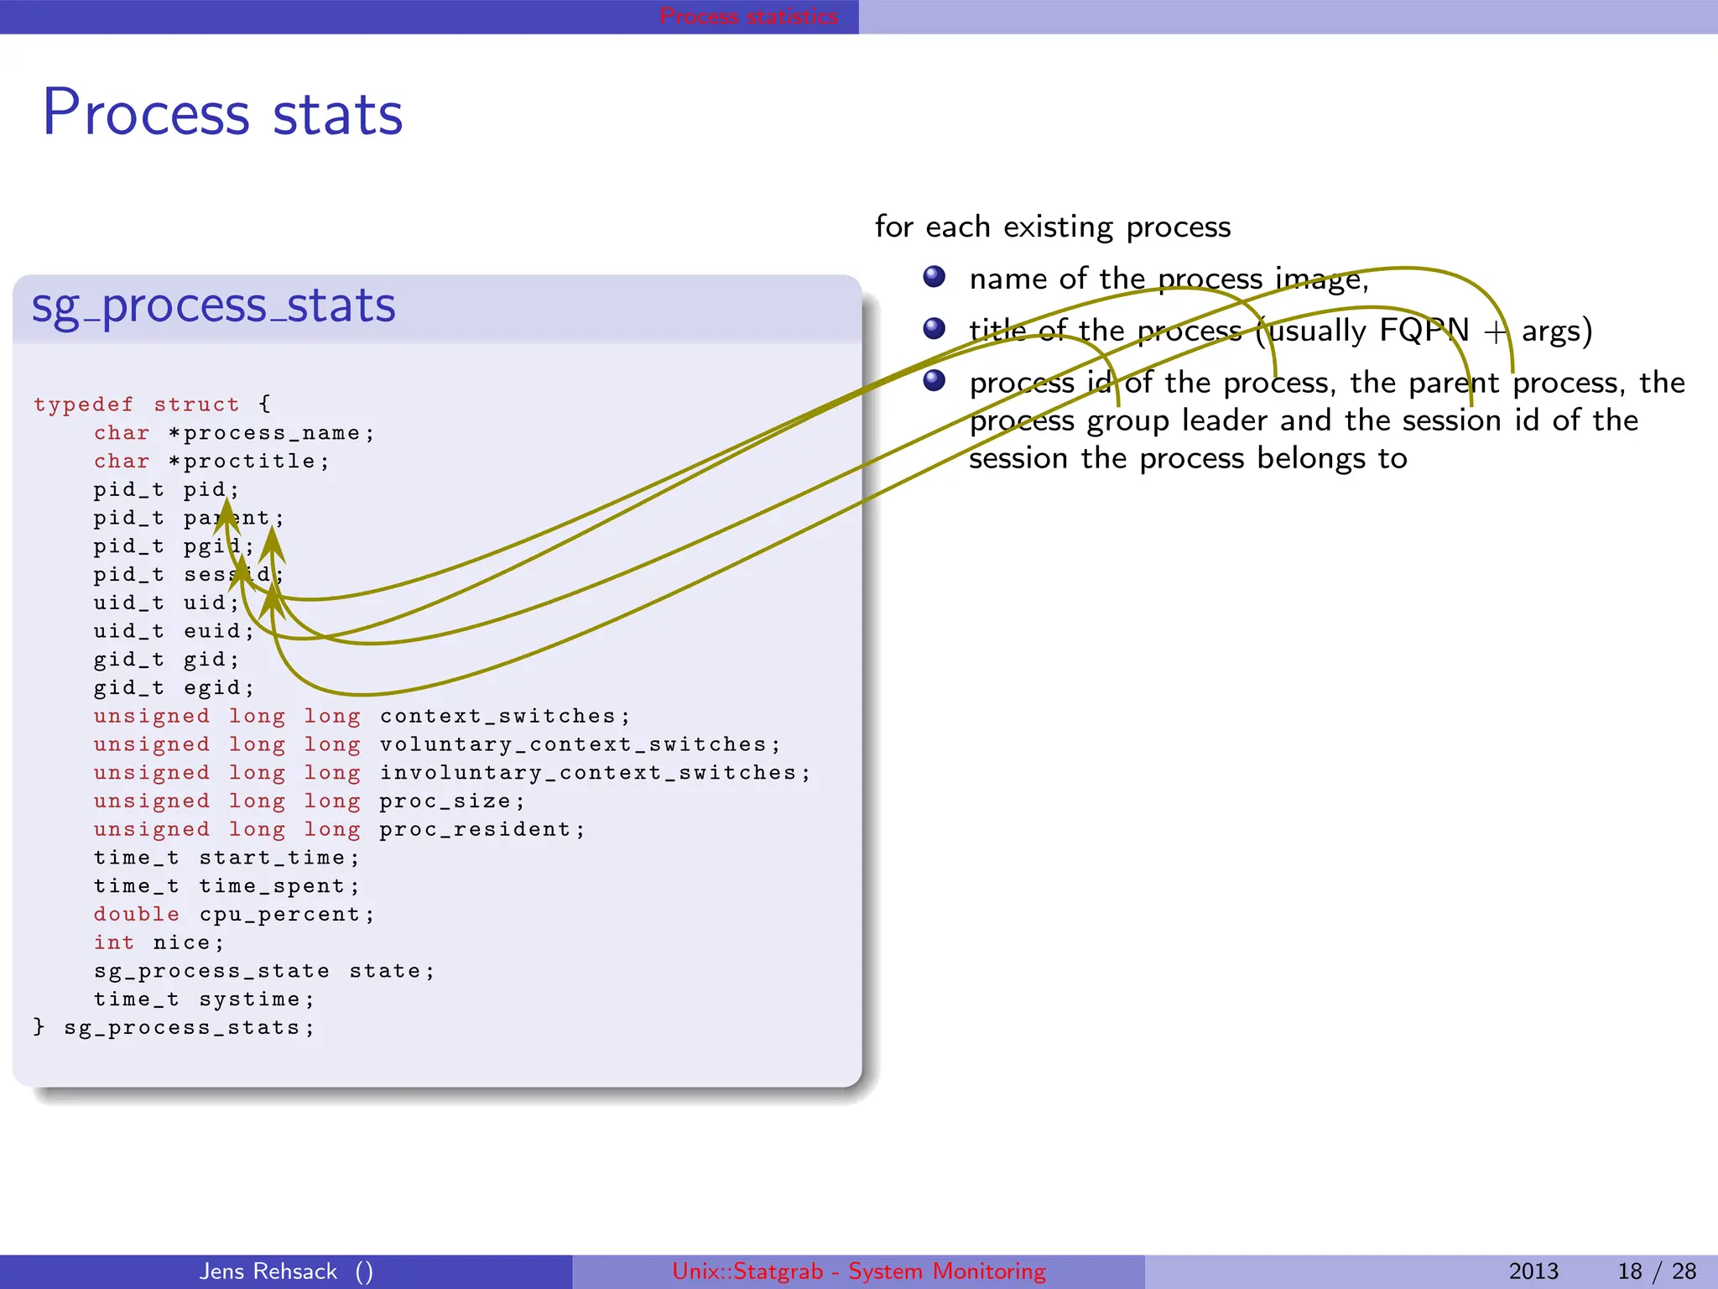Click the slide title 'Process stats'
[222, 113]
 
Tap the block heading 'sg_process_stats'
[213, 305]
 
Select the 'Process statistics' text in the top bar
[747, 16]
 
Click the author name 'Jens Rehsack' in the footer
[268, 1271]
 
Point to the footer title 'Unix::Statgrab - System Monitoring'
[858, 1271]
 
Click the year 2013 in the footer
[1533, 1271]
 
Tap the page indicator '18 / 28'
[1656, 1271]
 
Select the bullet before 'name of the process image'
[934, 277]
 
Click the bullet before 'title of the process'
[934, 329]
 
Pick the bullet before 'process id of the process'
[934, 381]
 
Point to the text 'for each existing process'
[1052, 227]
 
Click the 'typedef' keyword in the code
[83, 404]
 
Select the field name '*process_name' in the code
[265, 433]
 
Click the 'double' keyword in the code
[136, 914]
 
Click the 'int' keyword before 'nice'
[113, 942]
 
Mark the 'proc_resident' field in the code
[475, 829]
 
